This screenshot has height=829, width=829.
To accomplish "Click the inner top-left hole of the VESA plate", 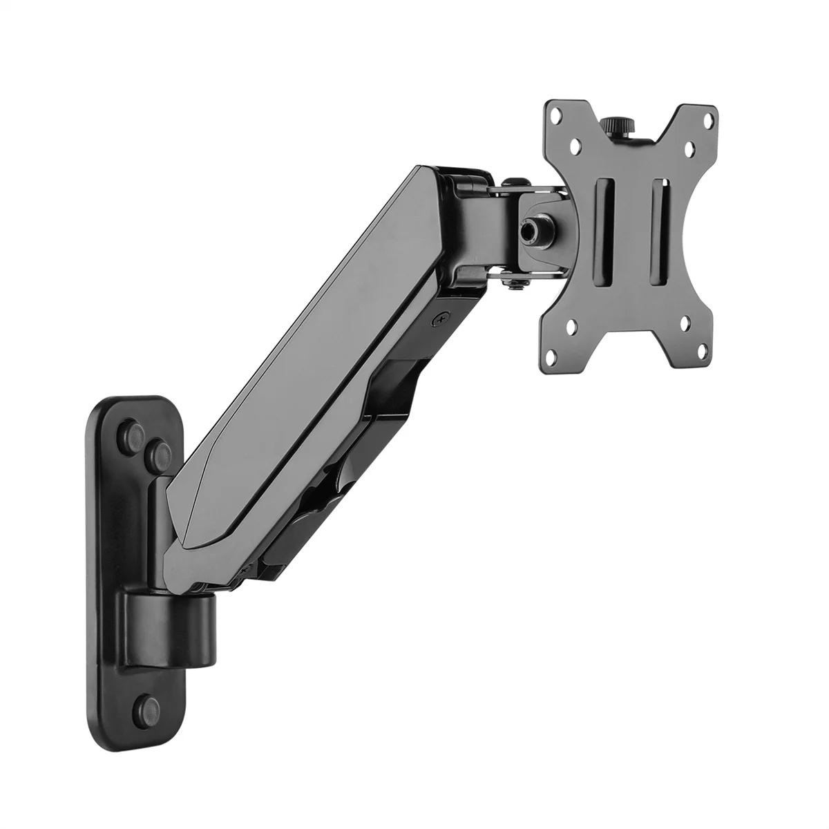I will pos(579,147).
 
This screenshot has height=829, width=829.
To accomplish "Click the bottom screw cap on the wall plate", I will pos(144,705).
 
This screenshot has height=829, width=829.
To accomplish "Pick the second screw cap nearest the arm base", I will pos(158,453).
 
